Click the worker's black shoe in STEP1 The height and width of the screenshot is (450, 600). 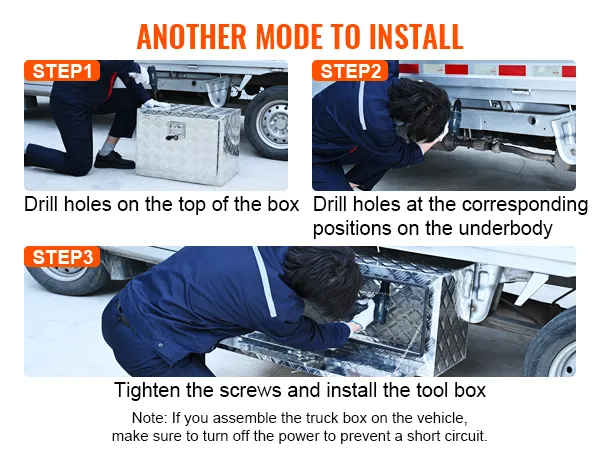point(113,159)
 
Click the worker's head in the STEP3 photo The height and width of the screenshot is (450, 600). point(320,275)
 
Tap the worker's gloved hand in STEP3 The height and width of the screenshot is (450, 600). point(362,317)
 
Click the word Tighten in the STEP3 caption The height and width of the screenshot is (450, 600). point(149,390)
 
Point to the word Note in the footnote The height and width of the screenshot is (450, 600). point(148,417)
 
